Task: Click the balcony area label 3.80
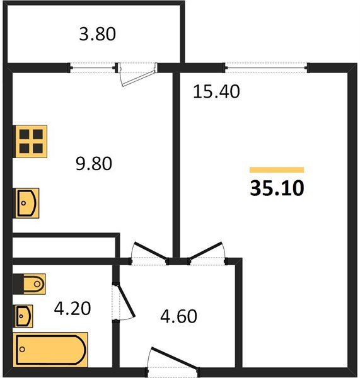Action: [x=98, y=34]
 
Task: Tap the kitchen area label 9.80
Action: [x=93, y=163]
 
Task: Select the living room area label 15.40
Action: [x=216, y=91]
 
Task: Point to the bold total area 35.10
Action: [x=277, y=188]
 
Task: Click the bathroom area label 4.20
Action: [x=73, y=308]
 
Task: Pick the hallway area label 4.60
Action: [x=178, y=316]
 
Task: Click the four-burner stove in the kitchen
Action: [x=30, y=142]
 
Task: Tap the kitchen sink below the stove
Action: [x=26, y=203]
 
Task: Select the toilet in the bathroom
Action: [x=29, y=283]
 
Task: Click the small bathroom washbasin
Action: [x=23, y=316]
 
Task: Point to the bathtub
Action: [x=50, y=350]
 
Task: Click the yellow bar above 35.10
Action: [x=277, y=170]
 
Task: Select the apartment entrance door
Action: [x=174, y=358]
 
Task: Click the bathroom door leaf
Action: [x=126, y=300]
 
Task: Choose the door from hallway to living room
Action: [x=206, y=250]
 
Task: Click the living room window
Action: [x=266, y=68]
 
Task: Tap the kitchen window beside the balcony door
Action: [x=93, y=68]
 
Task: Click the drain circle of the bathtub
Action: [x=22, y=349]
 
